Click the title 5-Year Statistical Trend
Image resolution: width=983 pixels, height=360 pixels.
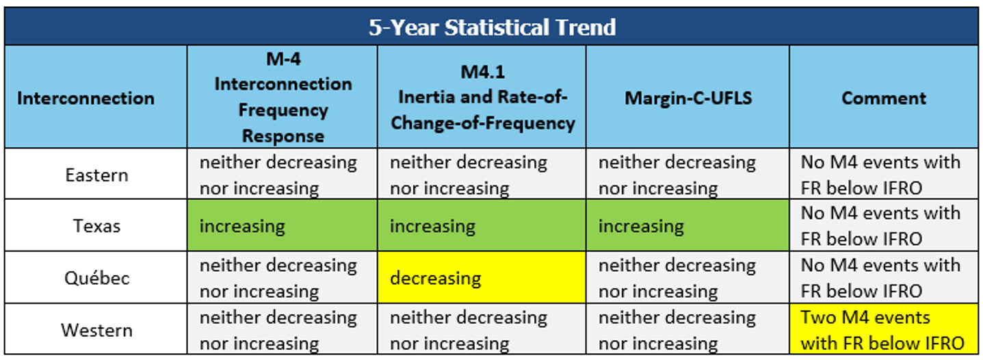click(492, 27)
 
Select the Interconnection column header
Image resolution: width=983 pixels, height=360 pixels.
click(86, 98)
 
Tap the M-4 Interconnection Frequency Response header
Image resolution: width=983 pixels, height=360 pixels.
click(283, 97)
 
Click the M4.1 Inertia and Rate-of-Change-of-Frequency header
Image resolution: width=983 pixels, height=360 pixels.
click(482, 97)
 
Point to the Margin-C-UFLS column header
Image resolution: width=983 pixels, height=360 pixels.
click(688, 98)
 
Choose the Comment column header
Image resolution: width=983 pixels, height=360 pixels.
click(884, 98)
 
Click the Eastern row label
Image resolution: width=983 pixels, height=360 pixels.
click(96, 175)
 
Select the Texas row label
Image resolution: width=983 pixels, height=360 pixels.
click(96, 226)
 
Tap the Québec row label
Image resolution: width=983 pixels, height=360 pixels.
click(96, 278)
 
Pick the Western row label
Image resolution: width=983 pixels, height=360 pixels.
click(96, 330)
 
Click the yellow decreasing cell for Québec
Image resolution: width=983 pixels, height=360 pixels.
click(482, 277)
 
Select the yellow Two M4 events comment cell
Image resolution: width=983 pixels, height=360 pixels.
click(884, 329)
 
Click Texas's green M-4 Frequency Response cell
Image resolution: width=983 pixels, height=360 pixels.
click(282, 225)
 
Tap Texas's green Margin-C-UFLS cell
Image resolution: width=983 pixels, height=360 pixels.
click(687, 225)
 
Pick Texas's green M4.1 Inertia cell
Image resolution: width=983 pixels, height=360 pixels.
click(482, 225)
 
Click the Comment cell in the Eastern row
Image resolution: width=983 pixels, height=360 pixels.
click(884, 174)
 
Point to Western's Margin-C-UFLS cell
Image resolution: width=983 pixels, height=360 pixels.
click(687, 329)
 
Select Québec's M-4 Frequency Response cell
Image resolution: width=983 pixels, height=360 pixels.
click(282, 277)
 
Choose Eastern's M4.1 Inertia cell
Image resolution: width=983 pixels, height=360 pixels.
click(482, 174)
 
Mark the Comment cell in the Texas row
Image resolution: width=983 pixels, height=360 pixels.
click(884, 225)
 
